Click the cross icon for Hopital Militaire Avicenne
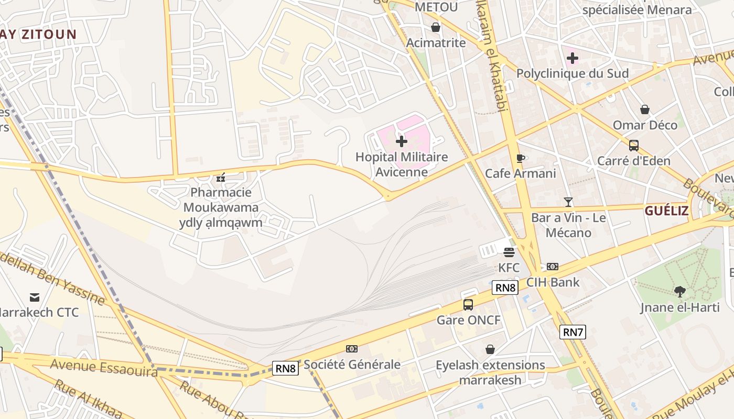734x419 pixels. coord(402,141)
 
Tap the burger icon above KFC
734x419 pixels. coord(509,252)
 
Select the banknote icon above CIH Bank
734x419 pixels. coord(552,267)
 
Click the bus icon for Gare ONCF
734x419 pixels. coord(468,304)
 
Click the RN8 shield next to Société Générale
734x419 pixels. coord(285,368)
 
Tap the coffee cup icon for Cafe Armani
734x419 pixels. coord(520,158)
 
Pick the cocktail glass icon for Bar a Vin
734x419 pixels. coord(568,202)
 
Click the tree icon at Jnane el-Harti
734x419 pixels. coord(679,292)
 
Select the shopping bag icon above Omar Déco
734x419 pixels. coord(645,109)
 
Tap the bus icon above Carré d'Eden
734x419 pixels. coord(633,145)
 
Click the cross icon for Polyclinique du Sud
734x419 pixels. coord(572,58)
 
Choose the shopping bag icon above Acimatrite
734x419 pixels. coord(435,27)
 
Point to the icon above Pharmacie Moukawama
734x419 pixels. coord(221,178)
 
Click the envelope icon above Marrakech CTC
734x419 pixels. coord(35,297)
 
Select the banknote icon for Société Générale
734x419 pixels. coord(351,349)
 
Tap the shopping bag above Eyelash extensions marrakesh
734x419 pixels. coord(490,349)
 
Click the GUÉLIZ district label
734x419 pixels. coord(666,211)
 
